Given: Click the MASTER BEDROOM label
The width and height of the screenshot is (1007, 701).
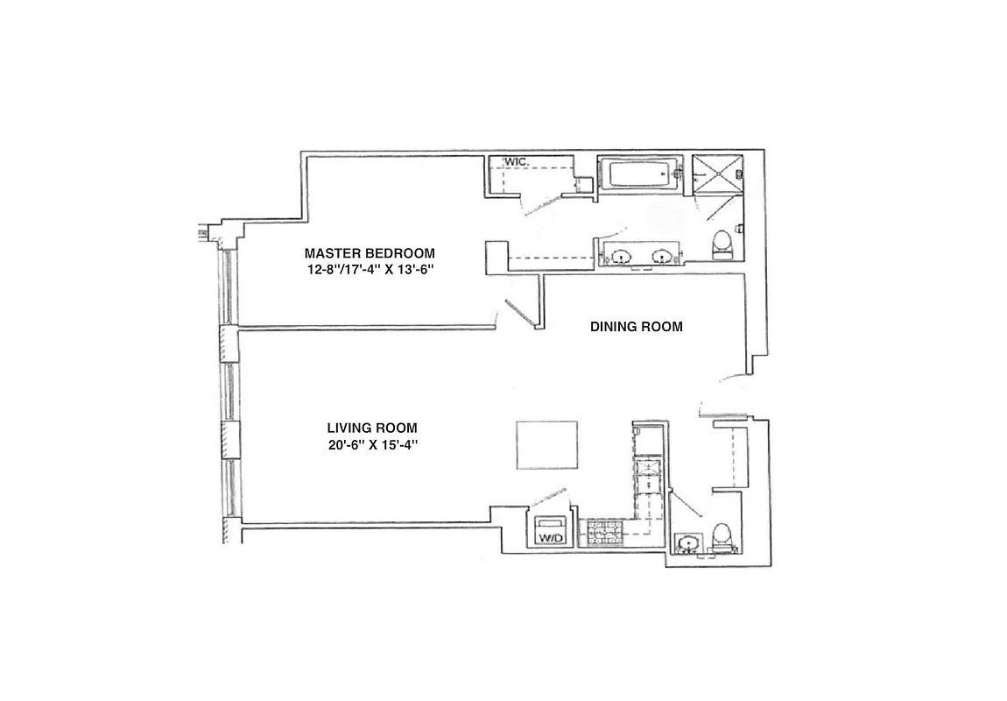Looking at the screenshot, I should point(369,253).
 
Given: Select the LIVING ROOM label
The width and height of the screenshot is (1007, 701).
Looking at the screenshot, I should point(372,428).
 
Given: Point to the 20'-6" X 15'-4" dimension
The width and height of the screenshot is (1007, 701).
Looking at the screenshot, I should point(372,445).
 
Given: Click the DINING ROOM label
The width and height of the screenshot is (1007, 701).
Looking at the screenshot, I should point(637,327).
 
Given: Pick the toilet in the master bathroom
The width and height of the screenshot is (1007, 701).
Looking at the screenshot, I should point(722,243).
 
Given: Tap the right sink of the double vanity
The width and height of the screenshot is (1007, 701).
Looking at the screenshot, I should point(662,257).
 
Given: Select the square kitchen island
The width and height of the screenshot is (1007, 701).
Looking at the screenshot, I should point(546,445).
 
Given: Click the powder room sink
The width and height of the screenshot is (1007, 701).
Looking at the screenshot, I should point(689,543).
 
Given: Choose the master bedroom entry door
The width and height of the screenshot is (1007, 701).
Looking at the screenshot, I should point(518,313).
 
